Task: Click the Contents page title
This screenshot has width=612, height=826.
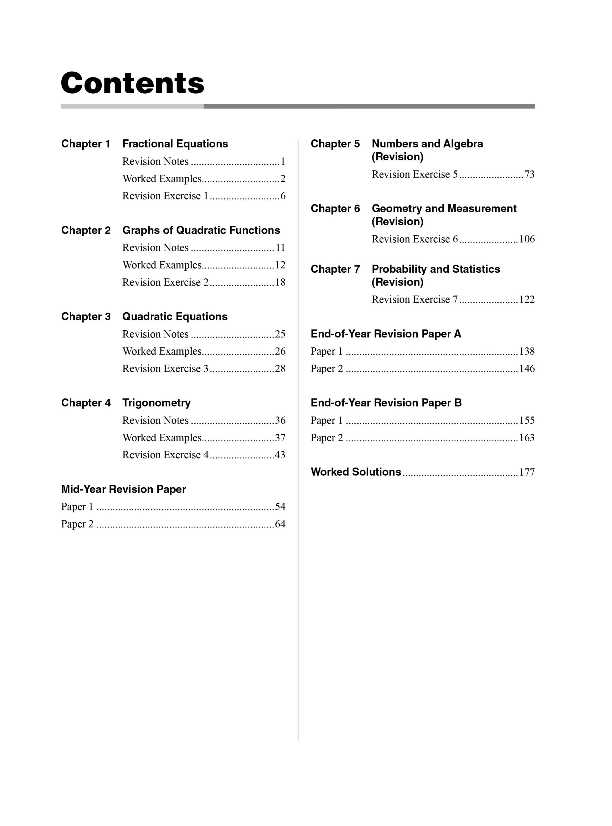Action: tap(132, 83)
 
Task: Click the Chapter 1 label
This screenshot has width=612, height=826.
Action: tap(86, 144)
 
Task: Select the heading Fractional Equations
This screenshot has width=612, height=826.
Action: tap(175, 144)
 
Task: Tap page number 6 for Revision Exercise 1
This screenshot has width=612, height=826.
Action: tap(283, 196)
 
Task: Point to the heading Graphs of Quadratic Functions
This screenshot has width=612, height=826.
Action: tap(201, 230)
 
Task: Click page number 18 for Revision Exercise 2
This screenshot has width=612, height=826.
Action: tap(280, 283)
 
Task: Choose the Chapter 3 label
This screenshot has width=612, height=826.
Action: tap(86, 317)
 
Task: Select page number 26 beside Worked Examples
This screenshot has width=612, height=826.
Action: tap(280, 351)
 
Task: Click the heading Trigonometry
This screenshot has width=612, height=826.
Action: tap(156, 403)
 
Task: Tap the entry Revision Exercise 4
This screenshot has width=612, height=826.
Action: tap(165, 455)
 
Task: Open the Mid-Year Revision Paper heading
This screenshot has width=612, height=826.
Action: tap(123, 489)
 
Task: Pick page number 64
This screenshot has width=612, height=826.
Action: tap(280, 524)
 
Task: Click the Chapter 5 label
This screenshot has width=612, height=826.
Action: tap(335, 144)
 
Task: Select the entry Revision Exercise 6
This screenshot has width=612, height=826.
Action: tap(414, 239)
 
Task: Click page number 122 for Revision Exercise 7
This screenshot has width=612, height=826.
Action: tap(527, 299)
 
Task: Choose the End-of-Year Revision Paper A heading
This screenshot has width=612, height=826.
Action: tap(386, 334)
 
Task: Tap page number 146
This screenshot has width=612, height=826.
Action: tap(527, 368)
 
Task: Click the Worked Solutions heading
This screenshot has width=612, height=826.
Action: tap(356, 472)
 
